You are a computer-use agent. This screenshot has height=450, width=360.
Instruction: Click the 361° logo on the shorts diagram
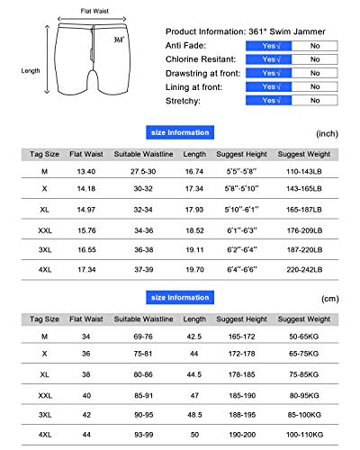(120, 40)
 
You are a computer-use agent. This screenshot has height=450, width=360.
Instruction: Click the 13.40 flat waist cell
(86, 169)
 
